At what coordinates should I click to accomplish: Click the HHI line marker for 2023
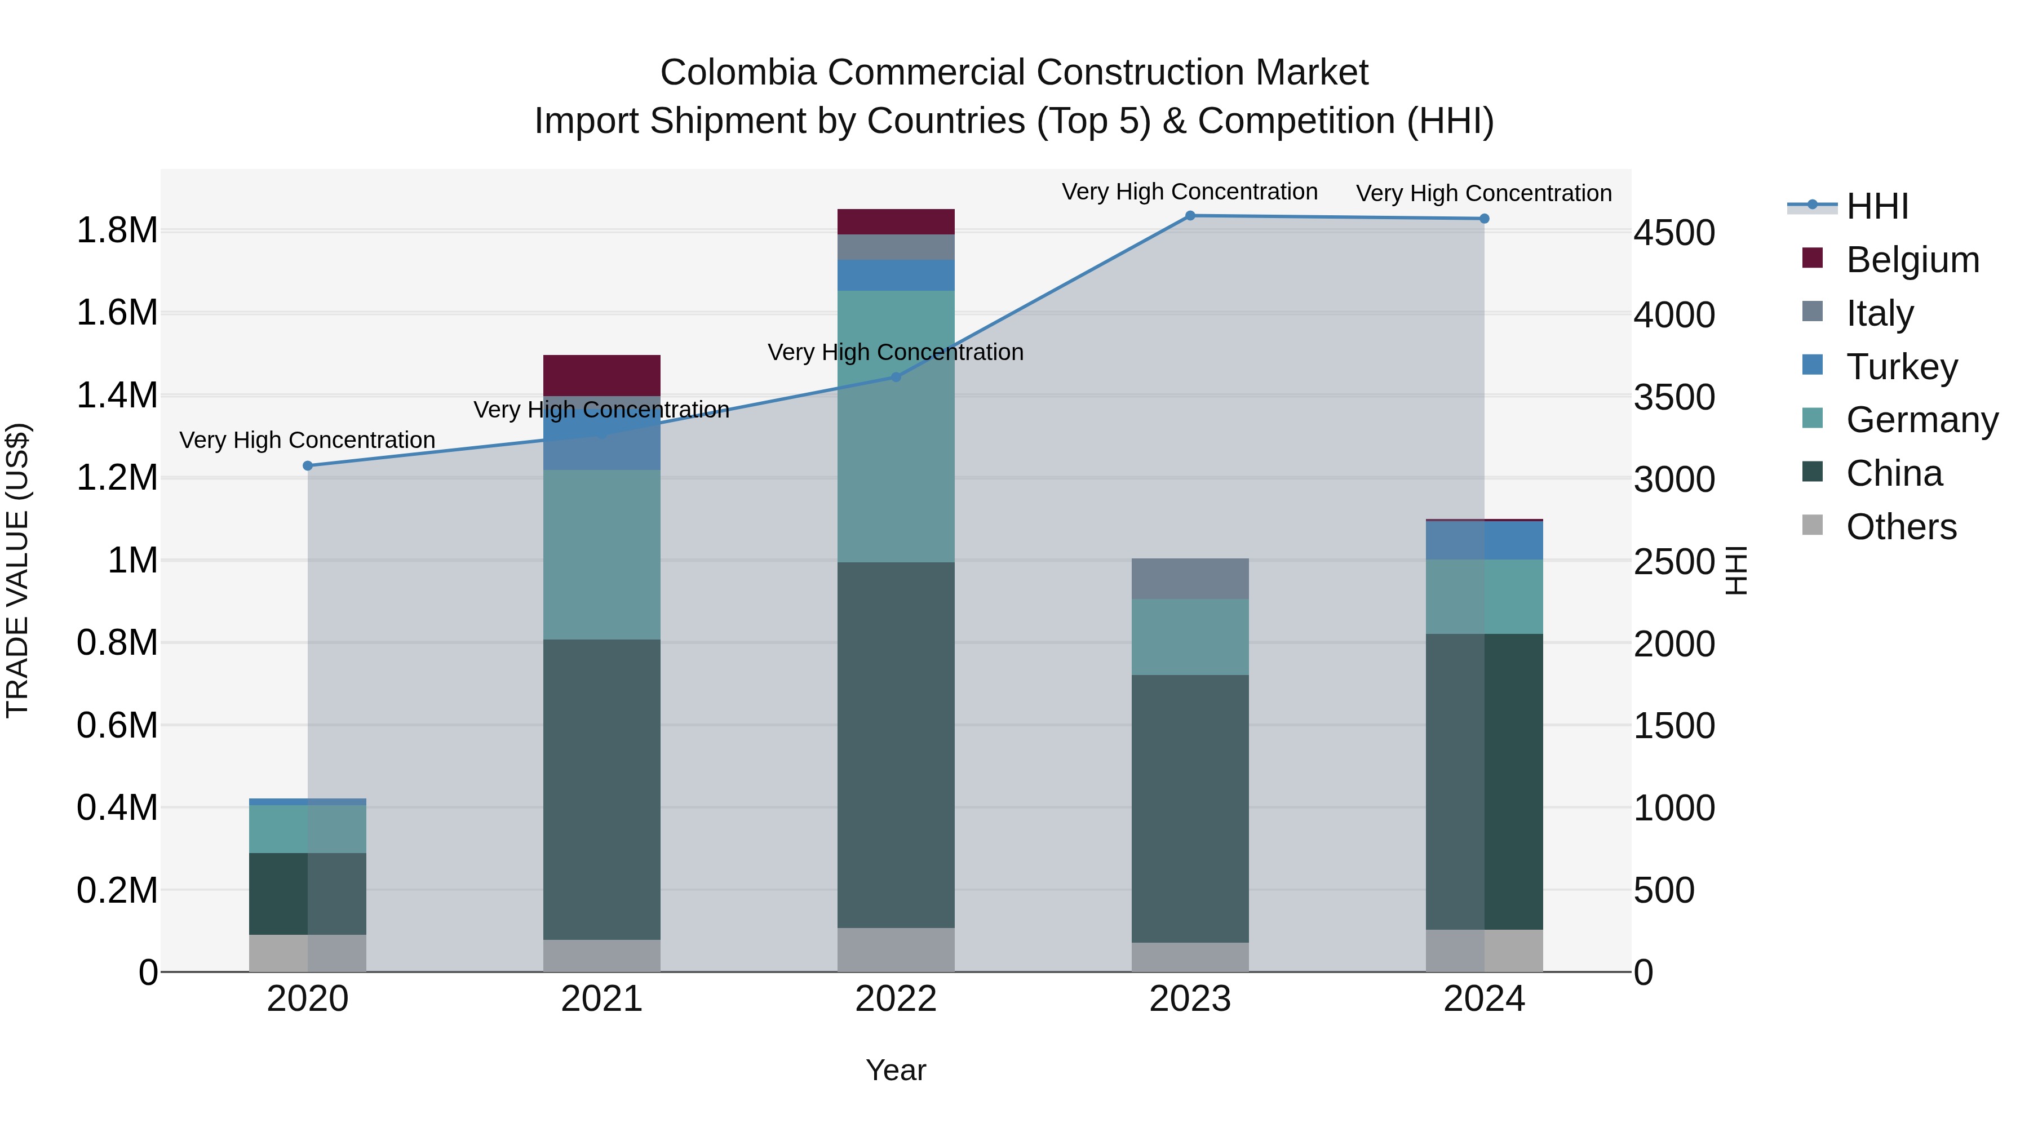click(1190, 216)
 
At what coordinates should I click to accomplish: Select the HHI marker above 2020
click(308, 466)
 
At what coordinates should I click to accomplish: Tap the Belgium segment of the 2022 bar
click(896, 221)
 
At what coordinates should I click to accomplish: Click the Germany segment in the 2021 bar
click(602, 554)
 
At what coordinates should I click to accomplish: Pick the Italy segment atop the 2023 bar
click(1190, 579)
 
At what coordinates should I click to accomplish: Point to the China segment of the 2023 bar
click(1190, 809)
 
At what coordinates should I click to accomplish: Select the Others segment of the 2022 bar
click(896, 949)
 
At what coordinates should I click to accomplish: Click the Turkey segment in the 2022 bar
click(896, 276)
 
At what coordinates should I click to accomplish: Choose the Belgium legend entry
click(1912, 260)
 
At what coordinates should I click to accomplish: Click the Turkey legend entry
click(1902, 367)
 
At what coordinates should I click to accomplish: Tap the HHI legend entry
click(1876, 206)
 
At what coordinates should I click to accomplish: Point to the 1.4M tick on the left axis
click(117, 396)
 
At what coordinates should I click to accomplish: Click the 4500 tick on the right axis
click(1674, 233)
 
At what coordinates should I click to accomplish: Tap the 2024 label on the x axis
click(1484, 999)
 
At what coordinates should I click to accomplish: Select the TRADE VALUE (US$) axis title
click(17, 570)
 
